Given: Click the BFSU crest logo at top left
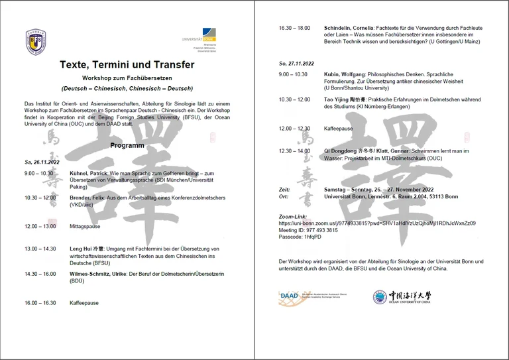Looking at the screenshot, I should click(x=36, y=41).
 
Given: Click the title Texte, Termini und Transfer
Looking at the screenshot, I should click(x=127, y=65).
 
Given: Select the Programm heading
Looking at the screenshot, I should click(x=127, y=145).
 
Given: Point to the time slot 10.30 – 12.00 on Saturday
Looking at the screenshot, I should click(x=40, y=198).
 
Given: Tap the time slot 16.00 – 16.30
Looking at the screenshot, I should click(x=40, y=302).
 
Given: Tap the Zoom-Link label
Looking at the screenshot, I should click(x=294, y=217).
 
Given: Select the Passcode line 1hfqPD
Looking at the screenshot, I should click(x=300, y=237).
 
